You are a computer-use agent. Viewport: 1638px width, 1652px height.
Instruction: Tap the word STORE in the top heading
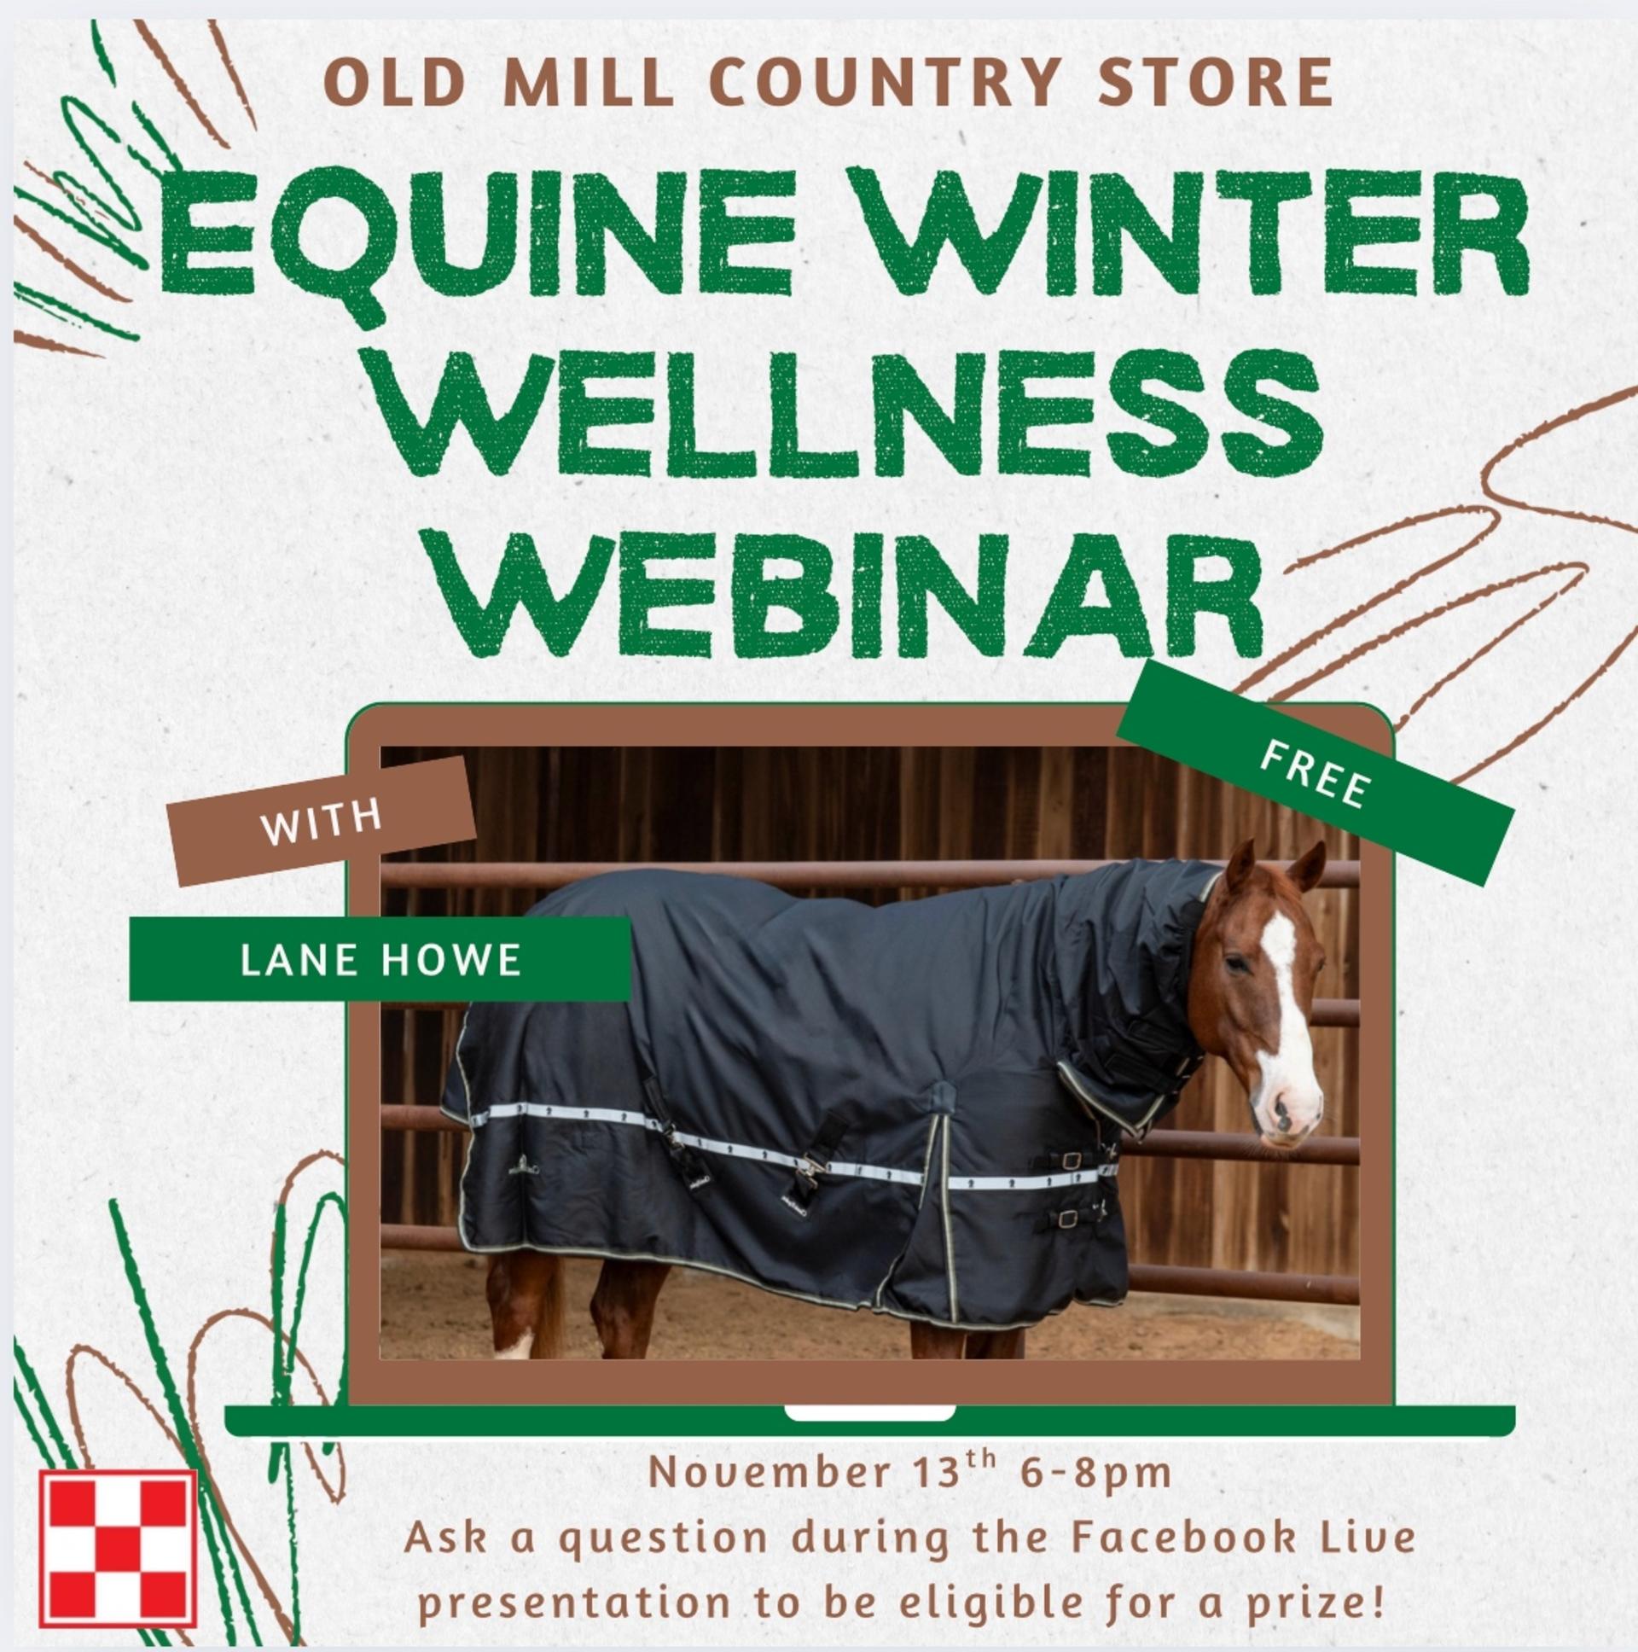point(1215,83)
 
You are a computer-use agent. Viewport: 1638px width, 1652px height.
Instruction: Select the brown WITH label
point(322,819)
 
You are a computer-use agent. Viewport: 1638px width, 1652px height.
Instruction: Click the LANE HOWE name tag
point(380,958)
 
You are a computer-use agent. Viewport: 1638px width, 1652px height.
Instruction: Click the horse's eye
point(1236,964)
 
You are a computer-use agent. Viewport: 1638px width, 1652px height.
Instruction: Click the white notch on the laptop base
point(868,1411)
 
